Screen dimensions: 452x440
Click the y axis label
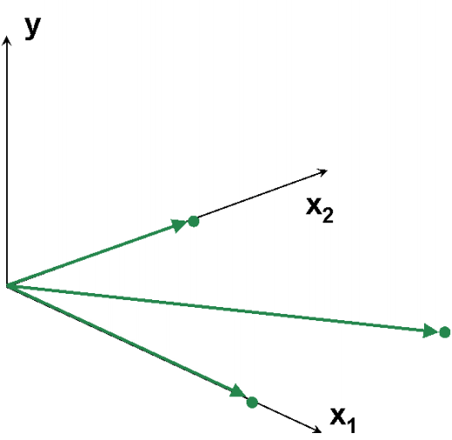[x=32, y=28]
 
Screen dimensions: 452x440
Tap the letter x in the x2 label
[x=314, y=206]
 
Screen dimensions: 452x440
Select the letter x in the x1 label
[x=338, y=416]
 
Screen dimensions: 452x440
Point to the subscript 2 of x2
[x=328, y=215]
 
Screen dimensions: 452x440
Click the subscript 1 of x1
[x=351, y=425]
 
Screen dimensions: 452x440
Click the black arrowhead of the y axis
[x=7, y=40]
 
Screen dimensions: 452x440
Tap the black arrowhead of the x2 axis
[x=323, y=172]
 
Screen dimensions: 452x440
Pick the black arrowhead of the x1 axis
[x=317, y=430]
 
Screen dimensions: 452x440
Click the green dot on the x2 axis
[x=193, y=221]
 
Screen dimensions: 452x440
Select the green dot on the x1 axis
[x=252, y=402]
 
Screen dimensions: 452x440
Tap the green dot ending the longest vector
[x=445, y=332]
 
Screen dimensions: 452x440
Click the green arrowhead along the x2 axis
[x=178, y=226]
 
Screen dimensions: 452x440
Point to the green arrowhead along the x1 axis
[x=239, y=392]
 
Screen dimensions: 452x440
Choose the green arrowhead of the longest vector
[x=430, y=331]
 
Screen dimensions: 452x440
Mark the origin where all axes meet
[x=7, y=286]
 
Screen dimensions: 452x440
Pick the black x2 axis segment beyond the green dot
[x=261, y=195]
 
